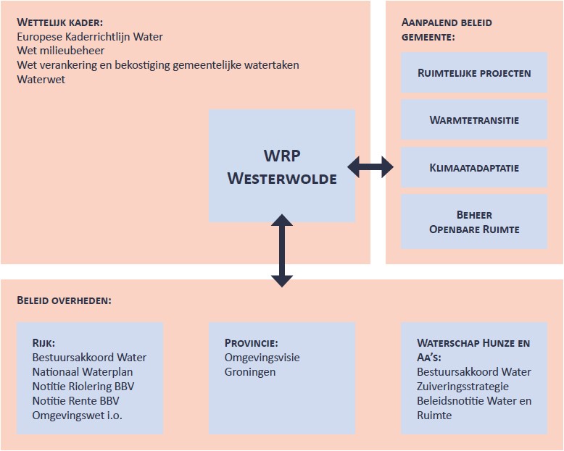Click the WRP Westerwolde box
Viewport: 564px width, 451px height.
click(x=282, y=166)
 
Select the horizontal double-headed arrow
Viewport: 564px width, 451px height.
click(x=370, y=168)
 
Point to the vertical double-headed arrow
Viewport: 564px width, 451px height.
click(x=282, y=250)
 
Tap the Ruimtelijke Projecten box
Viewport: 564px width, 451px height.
click(x=474, y=72)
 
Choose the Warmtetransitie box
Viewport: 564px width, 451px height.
click(x=474, y=120)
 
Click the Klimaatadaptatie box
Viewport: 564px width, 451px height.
click(x=474, y=168)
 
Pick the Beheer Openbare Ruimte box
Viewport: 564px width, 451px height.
click(x=474, y=222)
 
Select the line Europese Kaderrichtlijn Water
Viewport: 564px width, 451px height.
click(x=90, y=37)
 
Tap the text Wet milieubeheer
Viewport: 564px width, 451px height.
click(x=61, y=51)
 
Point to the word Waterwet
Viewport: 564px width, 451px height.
click(x=41, y=79)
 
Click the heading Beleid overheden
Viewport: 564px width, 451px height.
click(x=65, y=300)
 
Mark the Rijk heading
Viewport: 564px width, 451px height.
click(x=43, y=343)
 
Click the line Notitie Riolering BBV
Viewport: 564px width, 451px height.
click(x=83, y=386)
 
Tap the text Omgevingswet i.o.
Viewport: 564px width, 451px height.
click(x=77, y=415)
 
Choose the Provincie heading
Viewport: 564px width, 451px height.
click(x=251, y=343)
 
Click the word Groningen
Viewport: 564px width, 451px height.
click(x=250, y=371)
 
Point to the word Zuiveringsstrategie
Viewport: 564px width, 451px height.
click(x=463, y=386)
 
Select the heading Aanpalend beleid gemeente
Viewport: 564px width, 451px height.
click(x=447, y=29)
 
